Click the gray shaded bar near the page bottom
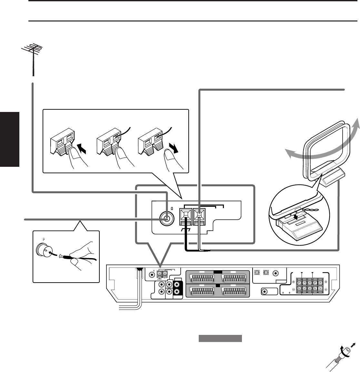pyautogui.click(x=220, y=338)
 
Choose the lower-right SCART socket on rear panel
pyautogui.click(x=235, y=291)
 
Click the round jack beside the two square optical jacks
pyautogui.click(x=276, y=273)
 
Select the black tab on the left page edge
pyautogui.click(x=10, y=139)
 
